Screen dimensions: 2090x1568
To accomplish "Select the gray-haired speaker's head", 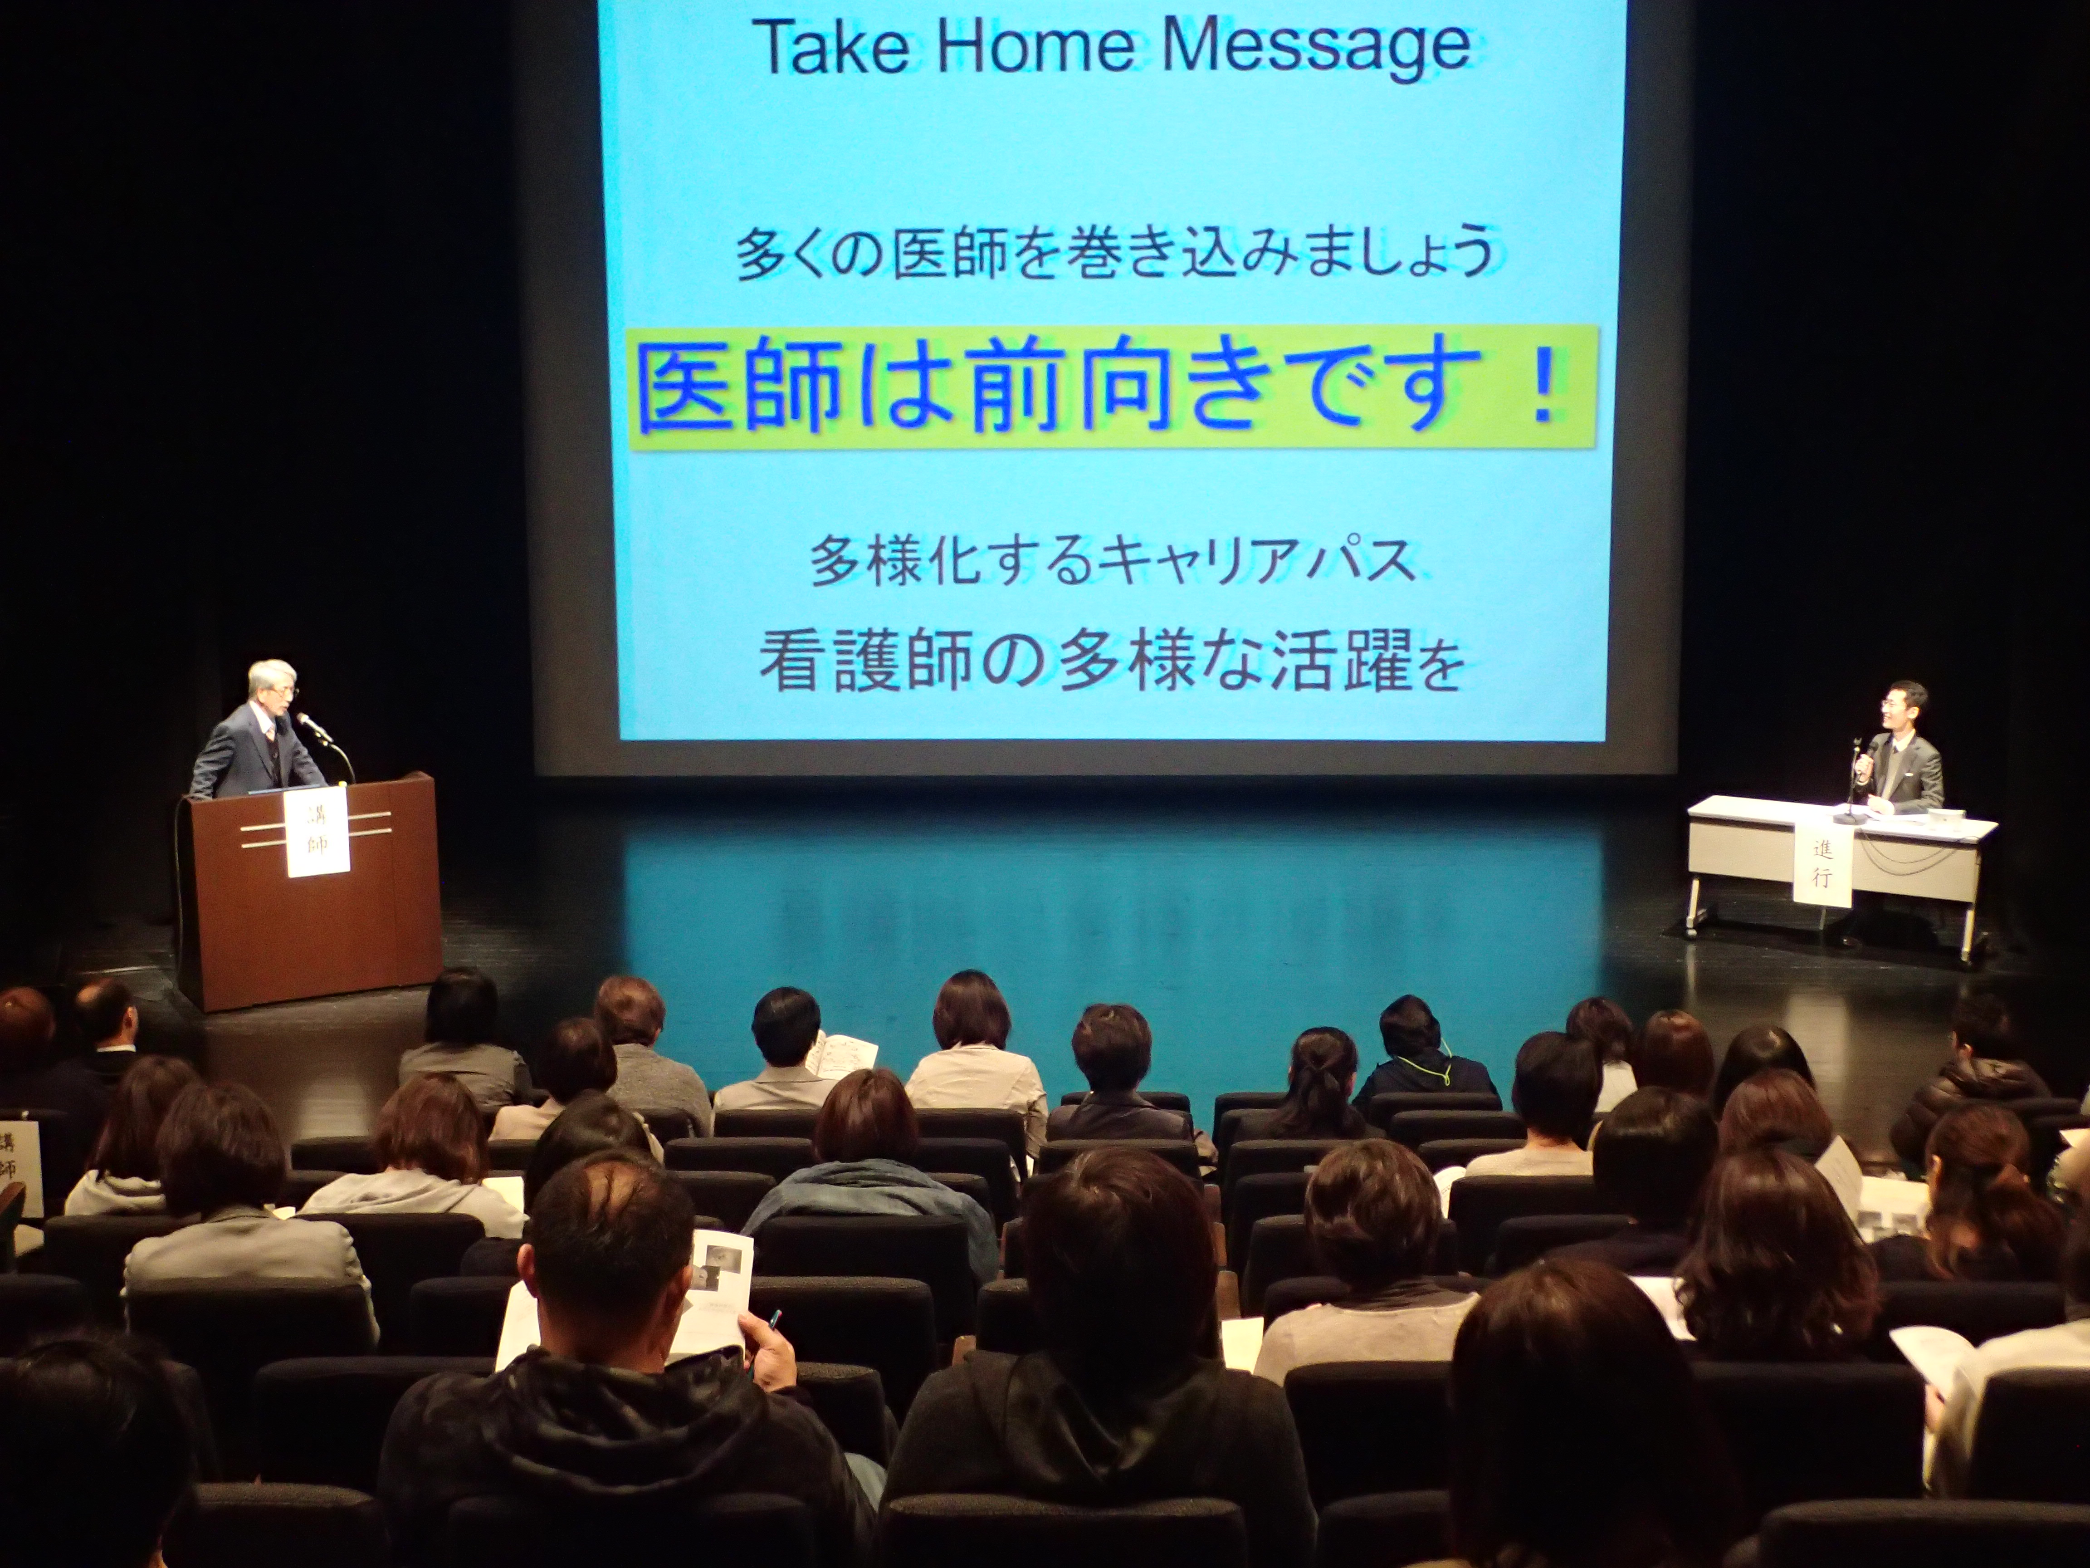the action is [272, 685].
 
